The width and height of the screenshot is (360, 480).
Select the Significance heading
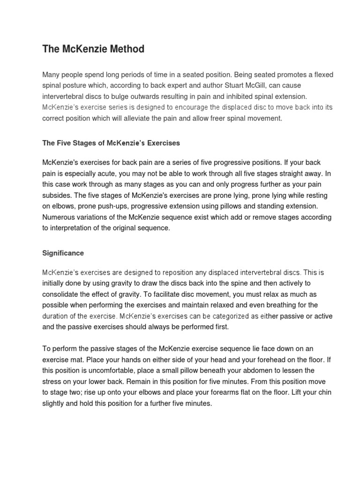[x=63, y=253]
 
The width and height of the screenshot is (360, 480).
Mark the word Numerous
[x=59, y=217]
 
